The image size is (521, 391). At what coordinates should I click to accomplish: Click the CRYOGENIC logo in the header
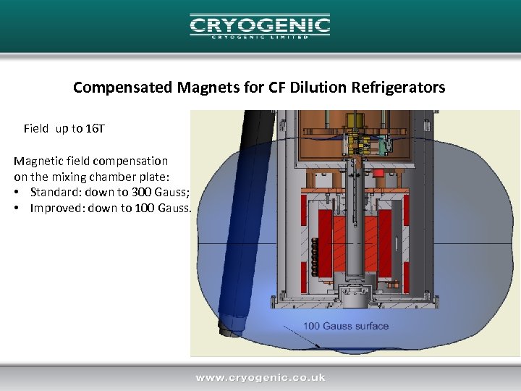260,27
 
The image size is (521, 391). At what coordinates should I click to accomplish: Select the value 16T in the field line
96,129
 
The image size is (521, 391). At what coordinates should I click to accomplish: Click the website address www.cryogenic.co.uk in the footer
260,377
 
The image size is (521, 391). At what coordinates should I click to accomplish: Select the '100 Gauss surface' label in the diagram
346,326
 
